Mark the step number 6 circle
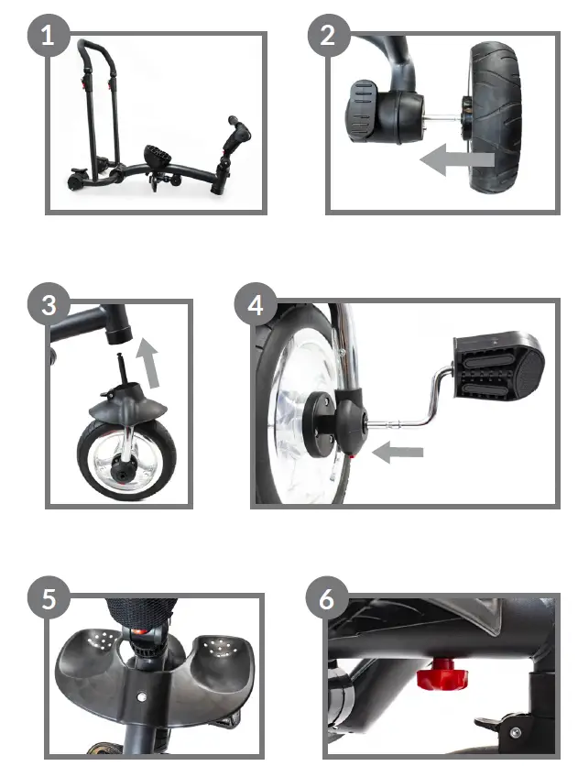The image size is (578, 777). pos(327,600)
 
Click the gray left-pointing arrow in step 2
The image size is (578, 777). pos(457,162)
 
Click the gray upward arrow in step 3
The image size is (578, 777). pos(149,365)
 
